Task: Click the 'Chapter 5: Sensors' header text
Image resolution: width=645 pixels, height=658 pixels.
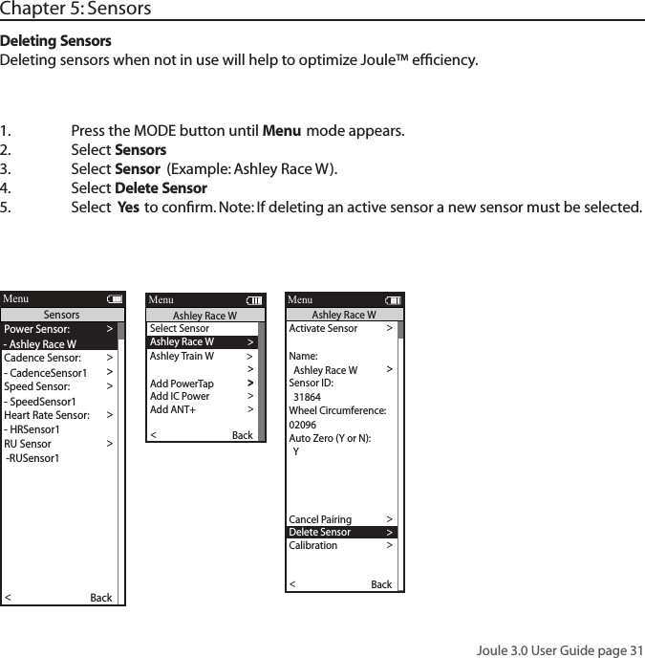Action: [x=75, y=10]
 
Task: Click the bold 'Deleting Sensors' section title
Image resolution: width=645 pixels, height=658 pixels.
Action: [x=55, y=42]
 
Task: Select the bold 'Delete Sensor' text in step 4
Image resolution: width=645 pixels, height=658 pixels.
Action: [x=161, y=188]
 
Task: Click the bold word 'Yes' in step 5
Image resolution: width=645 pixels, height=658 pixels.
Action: [x=128, y=208]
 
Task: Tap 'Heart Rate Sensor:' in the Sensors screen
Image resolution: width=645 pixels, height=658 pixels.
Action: [x=47, y=415]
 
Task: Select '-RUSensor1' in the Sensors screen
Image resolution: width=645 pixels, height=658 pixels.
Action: [x=32, y=458]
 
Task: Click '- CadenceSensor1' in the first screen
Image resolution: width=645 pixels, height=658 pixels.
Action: [x=46, y=372]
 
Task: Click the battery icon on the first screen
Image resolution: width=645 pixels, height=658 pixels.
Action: [x=115, y=299]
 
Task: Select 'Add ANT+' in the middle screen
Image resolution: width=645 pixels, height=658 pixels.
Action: [x=173, y=409]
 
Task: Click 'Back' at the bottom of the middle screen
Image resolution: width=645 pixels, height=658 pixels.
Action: [x=243, y=436]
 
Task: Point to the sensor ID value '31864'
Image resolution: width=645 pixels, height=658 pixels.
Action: [x=307, y=396]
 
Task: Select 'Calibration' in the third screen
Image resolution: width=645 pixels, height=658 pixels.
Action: [x=313, y=546]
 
